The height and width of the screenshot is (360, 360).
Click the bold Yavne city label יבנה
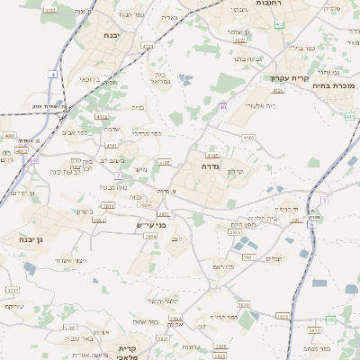pyautogui.click(x=112, y=35)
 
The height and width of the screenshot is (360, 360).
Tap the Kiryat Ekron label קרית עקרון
pyautogui.click(x=289, y=77)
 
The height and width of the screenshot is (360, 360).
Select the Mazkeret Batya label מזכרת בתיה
pyautogui.click(x=333, y=85)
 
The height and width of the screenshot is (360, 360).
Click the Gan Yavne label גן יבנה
pyautogui.click(x=20, y=239)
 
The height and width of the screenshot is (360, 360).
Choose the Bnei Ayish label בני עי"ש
pyautogui.click(x=151, y=224)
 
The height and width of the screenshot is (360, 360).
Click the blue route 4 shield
pyautogui.click(x=53, y=75)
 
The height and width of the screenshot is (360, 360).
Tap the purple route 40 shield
pyautogui.click(x=222, y=107)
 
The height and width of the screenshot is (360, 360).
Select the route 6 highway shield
pyautogui.click(x=312, y=224)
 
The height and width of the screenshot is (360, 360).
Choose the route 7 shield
pyautogui.click(x=118, y=175)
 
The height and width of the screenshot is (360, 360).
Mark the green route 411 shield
pyautogui.click(x=348, y=117)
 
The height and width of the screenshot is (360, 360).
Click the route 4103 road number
pyautogui.click(x=247, y=137)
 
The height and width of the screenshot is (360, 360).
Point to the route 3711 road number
pyautogui.click(x=13, y=291)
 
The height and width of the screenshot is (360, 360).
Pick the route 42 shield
pyautogui.click(x=35, y=159)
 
